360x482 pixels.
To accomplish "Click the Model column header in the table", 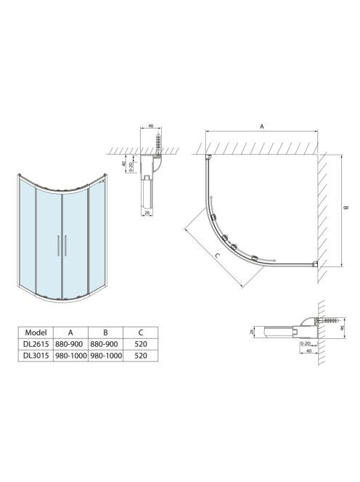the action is click(x=36, y=332).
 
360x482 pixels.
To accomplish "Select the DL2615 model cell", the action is click(x=36, y=344).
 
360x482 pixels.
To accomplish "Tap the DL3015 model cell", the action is click(x=36, y=356).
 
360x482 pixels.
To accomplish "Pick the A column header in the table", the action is click(x=70, y=332).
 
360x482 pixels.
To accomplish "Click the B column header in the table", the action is click(x=105, y=332).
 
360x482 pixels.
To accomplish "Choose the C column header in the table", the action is click(x=141, y=332).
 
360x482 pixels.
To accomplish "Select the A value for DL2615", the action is click(x=69, y=344).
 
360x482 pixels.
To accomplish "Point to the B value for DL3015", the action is click(x=106, y=356).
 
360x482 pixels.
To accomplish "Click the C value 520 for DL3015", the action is click(x=141, y=356).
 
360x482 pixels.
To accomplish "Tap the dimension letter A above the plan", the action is click(x=262, y=126).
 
